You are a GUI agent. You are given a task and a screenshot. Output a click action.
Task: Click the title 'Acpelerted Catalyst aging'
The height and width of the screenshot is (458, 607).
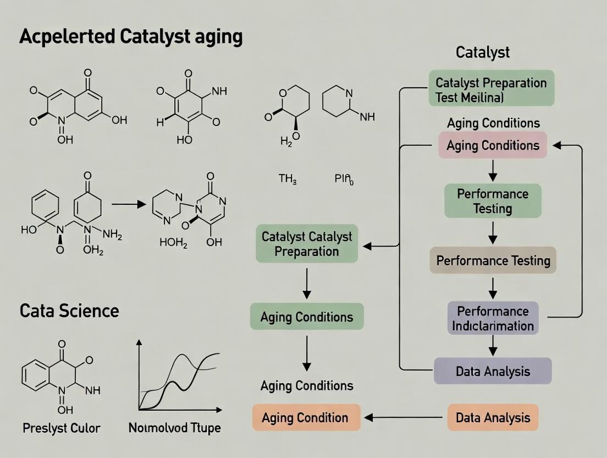tap(131, 37)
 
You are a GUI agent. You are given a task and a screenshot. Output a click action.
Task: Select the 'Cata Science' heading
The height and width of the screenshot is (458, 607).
tap(69, 310)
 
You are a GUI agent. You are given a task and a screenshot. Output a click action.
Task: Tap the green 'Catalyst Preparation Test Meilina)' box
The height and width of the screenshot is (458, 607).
tap(491, 88)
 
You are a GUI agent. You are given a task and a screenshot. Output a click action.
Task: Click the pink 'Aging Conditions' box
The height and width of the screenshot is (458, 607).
tap(493, 145)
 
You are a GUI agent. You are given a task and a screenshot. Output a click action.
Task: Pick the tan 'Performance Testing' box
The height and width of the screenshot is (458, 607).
tap(493, 260)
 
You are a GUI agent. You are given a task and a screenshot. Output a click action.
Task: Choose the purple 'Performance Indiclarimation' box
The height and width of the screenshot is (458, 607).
tap(493, 318)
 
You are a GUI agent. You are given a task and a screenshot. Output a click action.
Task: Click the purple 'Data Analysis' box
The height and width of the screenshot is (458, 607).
tap(493, 371)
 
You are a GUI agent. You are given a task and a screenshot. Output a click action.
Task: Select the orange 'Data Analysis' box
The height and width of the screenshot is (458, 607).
tap(493, 417)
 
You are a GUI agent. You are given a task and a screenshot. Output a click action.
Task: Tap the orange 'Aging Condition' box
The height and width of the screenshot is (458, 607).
tap(306, 417)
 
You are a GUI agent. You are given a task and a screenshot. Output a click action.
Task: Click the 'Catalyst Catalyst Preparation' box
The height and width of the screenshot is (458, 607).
tap(307, 244)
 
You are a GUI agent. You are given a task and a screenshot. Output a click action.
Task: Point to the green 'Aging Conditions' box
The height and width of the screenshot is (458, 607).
tap(307, 317)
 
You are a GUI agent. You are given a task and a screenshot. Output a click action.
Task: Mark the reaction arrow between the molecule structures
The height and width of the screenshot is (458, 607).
tap(129, 204)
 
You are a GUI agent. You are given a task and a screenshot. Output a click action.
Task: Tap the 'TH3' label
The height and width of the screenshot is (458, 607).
tap(288, 179)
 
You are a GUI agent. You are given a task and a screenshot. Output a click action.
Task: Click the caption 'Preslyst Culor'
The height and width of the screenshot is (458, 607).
tap(62, 428)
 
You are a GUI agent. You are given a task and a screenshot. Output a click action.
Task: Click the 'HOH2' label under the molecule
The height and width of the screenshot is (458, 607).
tap(173, 243)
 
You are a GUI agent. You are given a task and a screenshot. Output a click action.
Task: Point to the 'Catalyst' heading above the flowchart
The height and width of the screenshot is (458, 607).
tap(483, 52)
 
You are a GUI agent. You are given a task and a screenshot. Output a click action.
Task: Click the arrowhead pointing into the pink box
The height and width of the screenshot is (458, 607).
tap(556, 145)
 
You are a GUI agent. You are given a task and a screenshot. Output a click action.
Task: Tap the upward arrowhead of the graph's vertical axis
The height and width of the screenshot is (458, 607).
tap(139, 343)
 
